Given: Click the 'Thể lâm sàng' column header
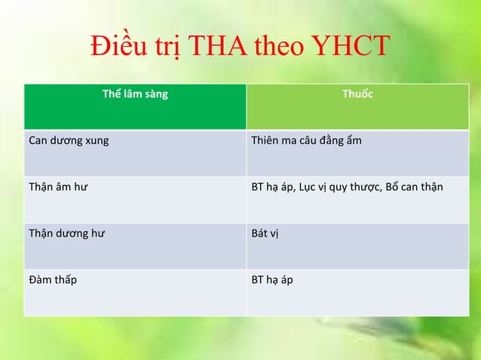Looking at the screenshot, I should click(x=135, y=95).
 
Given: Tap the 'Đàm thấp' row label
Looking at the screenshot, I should click(x=52, y=280).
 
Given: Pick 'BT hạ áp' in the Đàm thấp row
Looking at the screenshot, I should click(x=271, y=280).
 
